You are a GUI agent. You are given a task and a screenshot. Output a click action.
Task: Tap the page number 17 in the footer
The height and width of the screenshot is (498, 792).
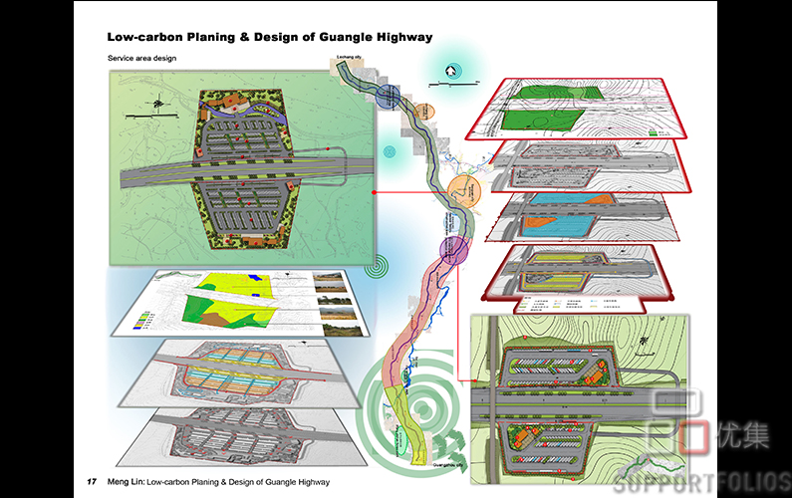click(x=92, y=482)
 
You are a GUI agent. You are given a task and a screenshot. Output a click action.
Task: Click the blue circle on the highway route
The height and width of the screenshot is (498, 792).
click(x=389, y=96)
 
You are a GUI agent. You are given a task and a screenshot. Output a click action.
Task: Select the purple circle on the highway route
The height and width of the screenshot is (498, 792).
click(x=453, y=248)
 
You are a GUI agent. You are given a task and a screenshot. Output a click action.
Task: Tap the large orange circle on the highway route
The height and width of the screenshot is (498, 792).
click(x=464, y=189)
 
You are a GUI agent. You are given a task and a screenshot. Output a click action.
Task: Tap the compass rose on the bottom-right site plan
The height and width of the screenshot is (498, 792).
click(x=648, y=343)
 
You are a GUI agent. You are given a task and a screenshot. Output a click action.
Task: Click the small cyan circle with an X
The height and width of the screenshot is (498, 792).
click(x=391, y=151)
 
